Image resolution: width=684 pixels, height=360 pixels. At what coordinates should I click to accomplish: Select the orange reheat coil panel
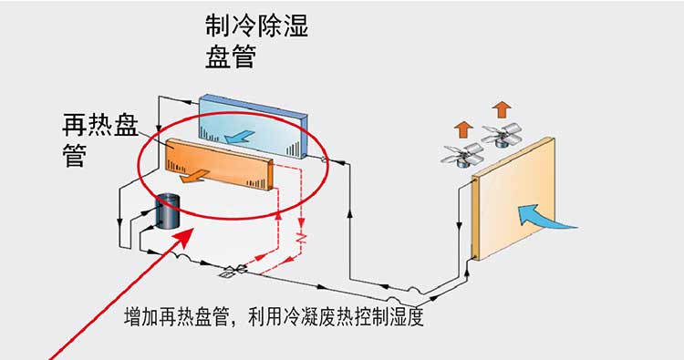(x=220, y=163)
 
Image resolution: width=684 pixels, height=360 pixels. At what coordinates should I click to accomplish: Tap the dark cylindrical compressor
(x=168, y=211)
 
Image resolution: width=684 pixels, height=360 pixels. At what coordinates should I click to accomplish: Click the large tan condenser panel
(x=513, y=199)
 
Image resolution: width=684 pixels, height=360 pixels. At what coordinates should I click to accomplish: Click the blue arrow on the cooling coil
(x=239, y=136)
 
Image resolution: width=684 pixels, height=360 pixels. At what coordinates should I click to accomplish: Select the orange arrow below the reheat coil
(x=194, y=176)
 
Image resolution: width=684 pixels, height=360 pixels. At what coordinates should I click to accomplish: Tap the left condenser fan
(x=462, y=155)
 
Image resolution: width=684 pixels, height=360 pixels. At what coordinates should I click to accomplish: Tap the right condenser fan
(x=502, y=134)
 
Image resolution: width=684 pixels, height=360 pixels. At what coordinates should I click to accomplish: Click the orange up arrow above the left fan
(x=463, y=129)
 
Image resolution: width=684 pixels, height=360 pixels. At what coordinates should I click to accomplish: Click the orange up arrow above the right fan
(x=503, y=109)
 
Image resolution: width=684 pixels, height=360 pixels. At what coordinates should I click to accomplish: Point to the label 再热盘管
(x=100, y=140)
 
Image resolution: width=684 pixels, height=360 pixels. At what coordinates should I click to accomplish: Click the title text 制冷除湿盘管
(x=257, y=42)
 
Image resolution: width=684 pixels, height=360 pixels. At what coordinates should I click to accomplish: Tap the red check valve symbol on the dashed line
(x=302, y=238)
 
